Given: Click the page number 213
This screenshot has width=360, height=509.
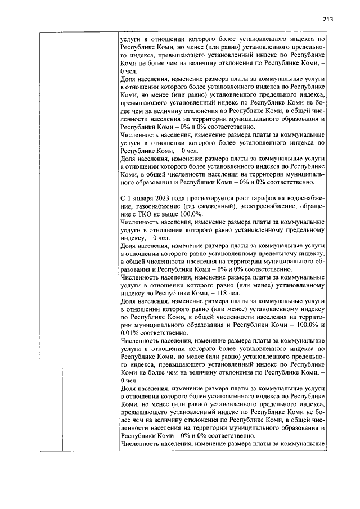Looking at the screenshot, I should pyautogui.click(x=328, y=19).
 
